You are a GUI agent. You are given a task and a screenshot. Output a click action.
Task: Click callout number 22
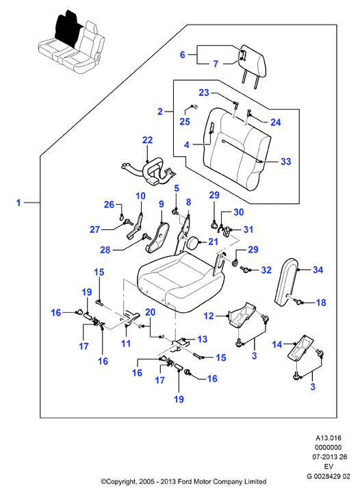click(x=147, y=140)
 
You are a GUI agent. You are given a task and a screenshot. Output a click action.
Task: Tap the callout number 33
click(x=285, y=162)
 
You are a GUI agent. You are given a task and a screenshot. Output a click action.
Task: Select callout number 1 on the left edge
click(x=18, y=203)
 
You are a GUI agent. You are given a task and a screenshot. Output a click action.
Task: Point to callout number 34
click(x=318, y=270)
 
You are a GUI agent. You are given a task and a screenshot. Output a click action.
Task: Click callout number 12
click(x=209, y=316)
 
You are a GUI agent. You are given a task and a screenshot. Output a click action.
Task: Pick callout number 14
click(x=277, y=344)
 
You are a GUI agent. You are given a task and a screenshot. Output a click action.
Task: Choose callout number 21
click(x=214, y=242)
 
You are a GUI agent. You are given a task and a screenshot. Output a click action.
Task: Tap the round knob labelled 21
click(x=192, y=244)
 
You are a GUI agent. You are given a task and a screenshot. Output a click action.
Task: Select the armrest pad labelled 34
click(x=286, y=281)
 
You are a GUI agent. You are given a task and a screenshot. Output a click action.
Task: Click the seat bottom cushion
click(x=181, y=282)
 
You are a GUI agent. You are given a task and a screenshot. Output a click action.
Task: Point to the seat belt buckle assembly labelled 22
click(x=149, y=172)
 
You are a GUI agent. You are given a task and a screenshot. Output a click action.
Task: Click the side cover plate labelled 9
click(x=157, y=237)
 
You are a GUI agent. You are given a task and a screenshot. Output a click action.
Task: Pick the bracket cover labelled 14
click(x=300, y=347)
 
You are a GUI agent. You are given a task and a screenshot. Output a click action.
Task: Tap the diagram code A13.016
click(x=329, y=438)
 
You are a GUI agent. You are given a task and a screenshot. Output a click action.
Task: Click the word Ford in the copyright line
click(x=184, y=482)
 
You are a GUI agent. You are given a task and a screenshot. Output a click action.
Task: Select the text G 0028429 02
click(x=328, y=476)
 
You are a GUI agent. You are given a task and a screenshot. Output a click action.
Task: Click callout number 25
click(x=185, y=122)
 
